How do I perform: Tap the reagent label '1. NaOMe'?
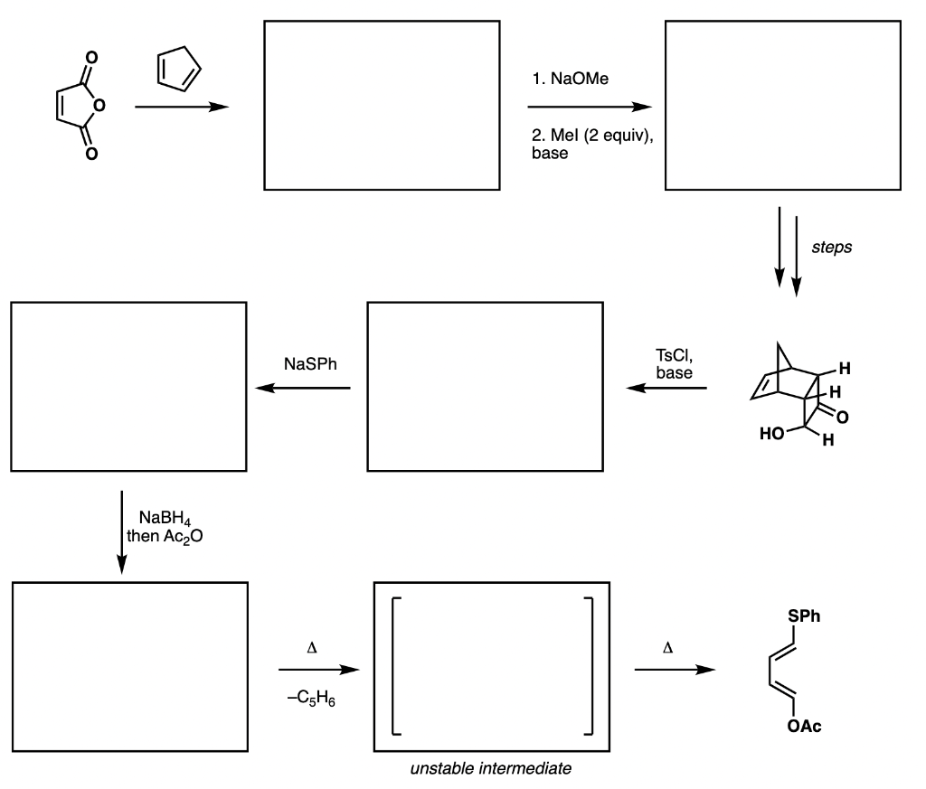coord(572,80)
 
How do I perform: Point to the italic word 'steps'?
coord(833,247)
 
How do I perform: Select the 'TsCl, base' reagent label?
coord(674,363)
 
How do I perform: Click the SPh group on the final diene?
coord(805,616)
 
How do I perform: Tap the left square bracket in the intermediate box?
coord(395,666)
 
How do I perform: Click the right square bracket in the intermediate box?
coord(589,666)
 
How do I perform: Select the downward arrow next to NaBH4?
coord(120,531)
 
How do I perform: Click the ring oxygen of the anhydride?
coord(99,107)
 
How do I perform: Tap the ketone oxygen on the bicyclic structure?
coord(843,417)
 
